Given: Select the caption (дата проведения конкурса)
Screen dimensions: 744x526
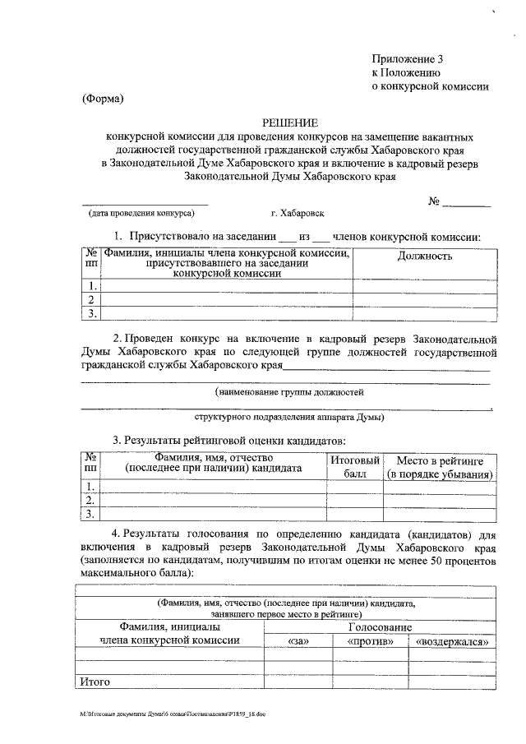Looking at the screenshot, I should click(x=142, y=212).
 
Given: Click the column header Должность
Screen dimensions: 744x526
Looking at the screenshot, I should click(x=425, y=256).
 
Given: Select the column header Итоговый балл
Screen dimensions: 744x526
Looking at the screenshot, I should click(x=355, y=467).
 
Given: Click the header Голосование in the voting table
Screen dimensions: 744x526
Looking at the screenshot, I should click(x=380, y=626).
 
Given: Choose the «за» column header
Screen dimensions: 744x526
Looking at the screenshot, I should click(x=297, y=641).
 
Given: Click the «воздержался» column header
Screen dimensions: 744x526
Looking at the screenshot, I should click(x=453, y=641).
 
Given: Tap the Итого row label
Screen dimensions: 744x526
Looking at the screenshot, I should click(x=93, y=681).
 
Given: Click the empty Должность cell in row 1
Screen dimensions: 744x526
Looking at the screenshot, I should click(x=425, y=286).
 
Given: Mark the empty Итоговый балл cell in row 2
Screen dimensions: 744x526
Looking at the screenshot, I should click(x=355, y=499).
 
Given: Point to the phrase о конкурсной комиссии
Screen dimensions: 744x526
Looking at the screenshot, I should click(x=431, y=85).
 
